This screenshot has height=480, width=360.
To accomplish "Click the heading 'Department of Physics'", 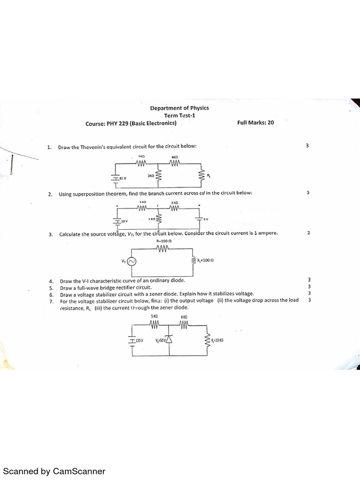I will (x=180, y=108).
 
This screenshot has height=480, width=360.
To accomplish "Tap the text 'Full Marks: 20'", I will (x=255, y=123).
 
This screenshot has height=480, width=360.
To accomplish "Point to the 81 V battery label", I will (x=122, y=179).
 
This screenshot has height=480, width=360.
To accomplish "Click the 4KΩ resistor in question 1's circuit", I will (x=174, y=163).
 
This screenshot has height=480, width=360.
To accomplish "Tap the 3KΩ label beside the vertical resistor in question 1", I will (x=150, y=176).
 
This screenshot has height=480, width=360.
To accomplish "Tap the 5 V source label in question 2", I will (x=205, y=219).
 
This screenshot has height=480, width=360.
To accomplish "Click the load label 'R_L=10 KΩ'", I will (x=217, y=340).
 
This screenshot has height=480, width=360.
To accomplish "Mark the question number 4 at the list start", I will (x=50, y=281).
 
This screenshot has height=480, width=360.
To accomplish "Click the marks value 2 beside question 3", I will (x=308, y=233).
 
